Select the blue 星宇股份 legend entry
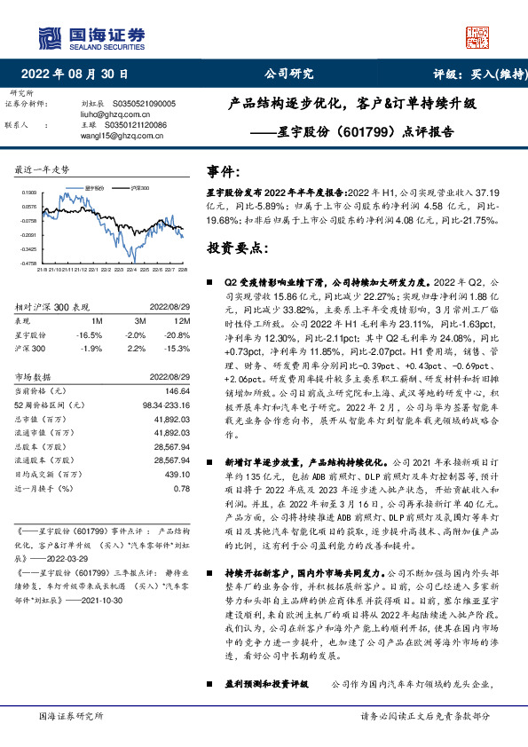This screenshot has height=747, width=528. [93, 189]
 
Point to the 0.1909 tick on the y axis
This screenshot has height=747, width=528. [29, 192]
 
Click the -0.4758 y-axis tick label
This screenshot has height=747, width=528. [28, 263]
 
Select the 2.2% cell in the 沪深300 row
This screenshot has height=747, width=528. [136, 349]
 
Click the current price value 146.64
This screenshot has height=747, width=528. [176, 391]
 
